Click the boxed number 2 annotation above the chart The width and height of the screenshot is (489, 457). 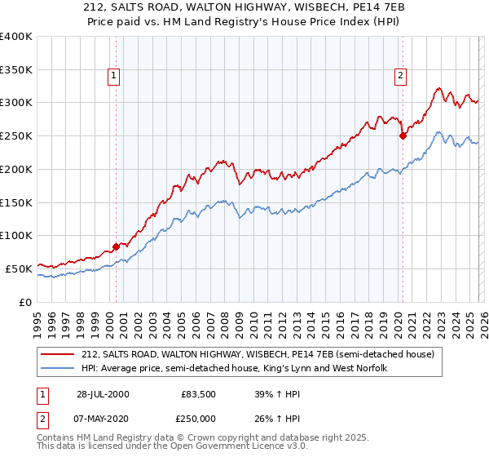click(401, 76)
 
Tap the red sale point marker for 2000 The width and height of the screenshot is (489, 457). click(116, 246)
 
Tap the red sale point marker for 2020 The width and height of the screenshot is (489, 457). click(403, 136)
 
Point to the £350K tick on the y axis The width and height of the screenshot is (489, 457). click(16, 70)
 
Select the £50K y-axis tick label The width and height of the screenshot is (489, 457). click(19, 268)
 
